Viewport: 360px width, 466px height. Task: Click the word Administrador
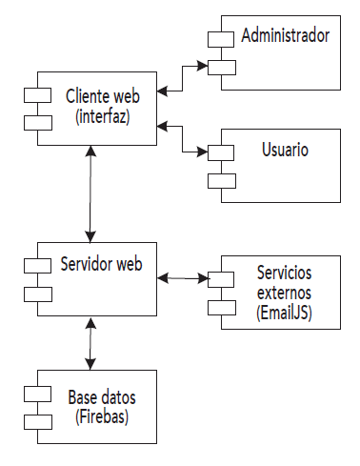pyautogui.click(x=285, y=36)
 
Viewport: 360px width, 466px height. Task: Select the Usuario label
pyautogui.click(x=285, y=151)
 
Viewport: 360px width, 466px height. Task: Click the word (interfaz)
pyautogui.click(x=101, y=116)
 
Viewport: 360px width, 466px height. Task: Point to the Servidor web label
pyautogui.click(x=101, y=263)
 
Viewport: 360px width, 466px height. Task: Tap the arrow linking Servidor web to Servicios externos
pyautogui.click(x=184, y=277)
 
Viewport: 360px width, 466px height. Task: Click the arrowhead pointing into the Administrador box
pyautogui.click(x=203, y=66)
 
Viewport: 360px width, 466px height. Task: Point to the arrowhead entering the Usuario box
pyautogui.click(x=203, y=151)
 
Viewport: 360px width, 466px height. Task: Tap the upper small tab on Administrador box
pyautogui.click(x=221, y=39)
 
